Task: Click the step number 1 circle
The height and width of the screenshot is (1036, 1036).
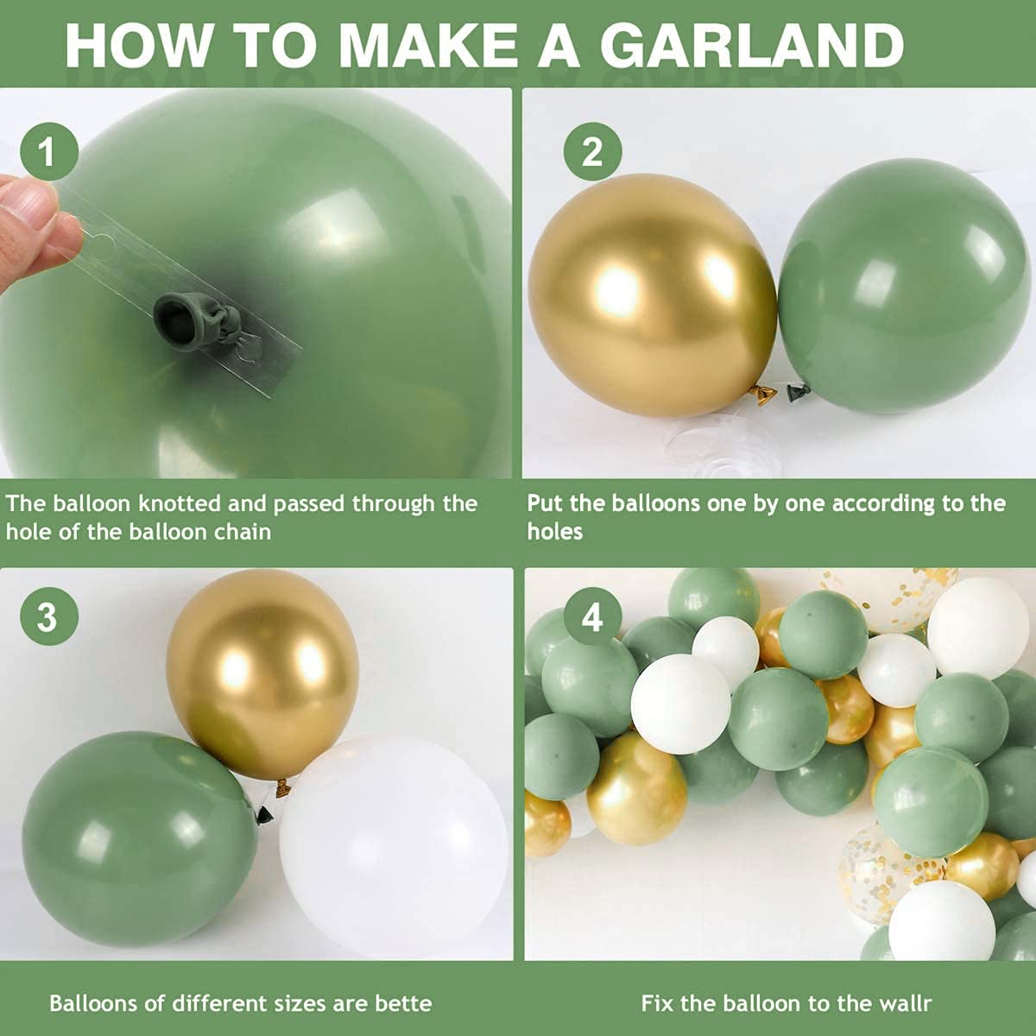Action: (47, 153)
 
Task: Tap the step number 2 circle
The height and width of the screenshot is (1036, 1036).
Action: (591, 153)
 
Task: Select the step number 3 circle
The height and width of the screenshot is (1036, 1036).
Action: (47, 617)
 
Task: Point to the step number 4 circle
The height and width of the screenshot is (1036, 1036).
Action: (591, 617)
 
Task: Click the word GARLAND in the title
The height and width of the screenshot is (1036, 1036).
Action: (752, 44)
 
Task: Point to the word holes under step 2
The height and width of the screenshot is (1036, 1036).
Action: (554, 531)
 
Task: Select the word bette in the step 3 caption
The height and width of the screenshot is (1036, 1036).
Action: (403, 1004)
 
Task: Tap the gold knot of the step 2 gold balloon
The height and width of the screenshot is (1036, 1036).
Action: (762, 394)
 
